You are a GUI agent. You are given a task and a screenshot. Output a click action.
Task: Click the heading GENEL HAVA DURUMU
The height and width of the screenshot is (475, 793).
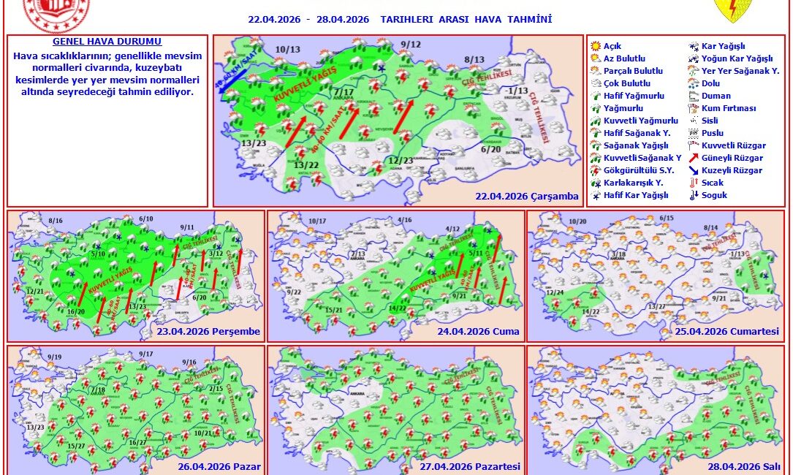(x=107, y=42)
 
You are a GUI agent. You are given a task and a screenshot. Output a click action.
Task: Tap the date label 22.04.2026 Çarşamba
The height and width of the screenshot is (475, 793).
(x=527, y=196)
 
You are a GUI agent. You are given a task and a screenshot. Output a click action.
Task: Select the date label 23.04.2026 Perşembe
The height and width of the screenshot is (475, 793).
(x=208, y=331)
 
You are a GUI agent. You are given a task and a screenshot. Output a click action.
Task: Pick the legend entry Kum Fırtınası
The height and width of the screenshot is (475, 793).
(x=728, y=108)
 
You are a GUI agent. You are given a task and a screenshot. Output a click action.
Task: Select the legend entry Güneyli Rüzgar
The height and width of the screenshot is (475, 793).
(x=732, y=158)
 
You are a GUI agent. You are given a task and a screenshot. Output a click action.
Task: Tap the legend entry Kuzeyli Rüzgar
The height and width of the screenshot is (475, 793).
(x=732, y=170)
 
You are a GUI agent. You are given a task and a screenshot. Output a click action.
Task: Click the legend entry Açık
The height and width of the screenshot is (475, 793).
(x=612, y=46)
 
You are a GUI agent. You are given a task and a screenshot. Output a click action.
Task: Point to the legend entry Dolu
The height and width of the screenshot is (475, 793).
(x=710, y=83)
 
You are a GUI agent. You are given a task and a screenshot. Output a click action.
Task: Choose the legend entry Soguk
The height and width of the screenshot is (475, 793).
(x=714, y=195)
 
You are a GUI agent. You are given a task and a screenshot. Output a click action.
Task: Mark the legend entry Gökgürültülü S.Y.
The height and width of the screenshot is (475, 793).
(x=633, y=170)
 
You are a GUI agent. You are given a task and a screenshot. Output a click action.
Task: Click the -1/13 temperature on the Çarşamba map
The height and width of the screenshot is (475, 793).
(x=517, y=91)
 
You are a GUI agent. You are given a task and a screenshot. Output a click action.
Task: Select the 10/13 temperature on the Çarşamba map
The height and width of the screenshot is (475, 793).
(x=288, y=50)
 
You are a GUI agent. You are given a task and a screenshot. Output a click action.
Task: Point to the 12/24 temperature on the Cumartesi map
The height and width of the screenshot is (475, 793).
(x=555, y=292)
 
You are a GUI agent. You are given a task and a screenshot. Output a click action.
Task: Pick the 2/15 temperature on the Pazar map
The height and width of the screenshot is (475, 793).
(x=215, y=389)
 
